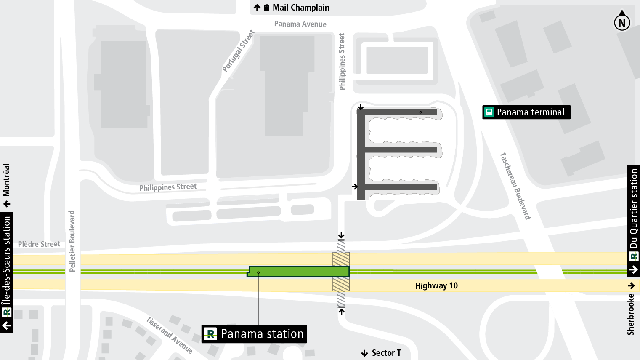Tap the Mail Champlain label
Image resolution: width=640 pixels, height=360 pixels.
click(x=300, y=8)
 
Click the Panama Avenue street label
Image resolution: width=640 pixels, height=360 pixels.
click(x=300, y=24)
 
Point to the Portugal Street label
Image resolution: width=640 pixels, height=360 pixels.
click(x=239, y=51)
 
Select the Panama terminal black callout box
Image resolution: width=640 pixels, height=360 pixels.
click(x=526, y=112)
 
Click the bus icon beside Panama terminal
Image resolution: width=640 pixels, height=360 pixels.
click(x=489, y=112)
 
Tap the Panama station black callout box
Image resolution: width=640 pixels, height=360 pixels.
click(x=254, y=334)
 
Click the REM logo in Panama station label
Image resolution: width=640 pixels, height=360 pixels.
click(x=210, y=334)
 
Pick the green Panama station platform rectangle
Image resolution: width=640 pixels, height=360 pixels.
click(x=299, y=272)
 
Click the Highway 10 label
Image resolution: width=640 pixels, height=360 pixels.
click(x=436, y=286)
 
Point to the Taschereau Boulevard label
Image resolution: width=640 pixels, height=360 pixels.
click(x=515, y=186)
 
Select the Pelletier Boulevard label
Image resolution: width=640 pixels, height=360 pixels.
click(x=72, y=241)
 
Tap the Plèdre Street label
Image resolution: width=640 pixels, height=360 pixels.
click(x=39, y=244)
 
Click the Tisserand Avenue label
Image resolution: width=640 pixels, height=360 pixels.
click(x=170, y=335)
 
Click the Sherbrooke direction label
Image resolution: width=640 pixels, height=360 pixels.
click(x=630, y=314)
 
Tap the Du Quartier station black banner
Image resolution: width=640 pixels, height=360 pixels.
click(x=633, y=221)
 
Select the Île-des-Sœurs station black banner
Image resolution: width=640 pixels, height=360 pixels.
click(x=6, y=273)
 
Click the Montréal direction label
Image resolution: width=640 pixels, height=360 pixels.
click(x=6, y=180)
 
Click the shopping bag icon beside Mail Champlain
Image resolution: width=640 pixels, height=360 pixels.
click(x=266, y=8)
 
